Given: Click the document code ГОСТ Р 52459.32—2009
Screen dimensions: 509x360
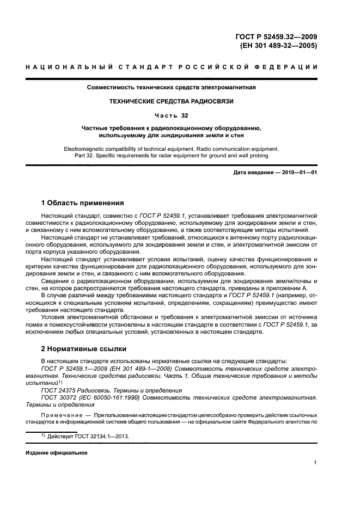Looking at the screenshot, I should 276,37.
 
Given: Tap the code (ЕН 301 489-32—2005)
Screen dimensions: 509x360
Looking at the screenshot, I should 278,46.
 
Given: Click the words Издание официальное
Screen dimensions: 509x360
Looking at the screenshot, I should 57,452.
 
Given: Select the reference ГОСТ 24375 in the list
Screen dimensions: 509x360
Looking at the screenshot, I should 59,391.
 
